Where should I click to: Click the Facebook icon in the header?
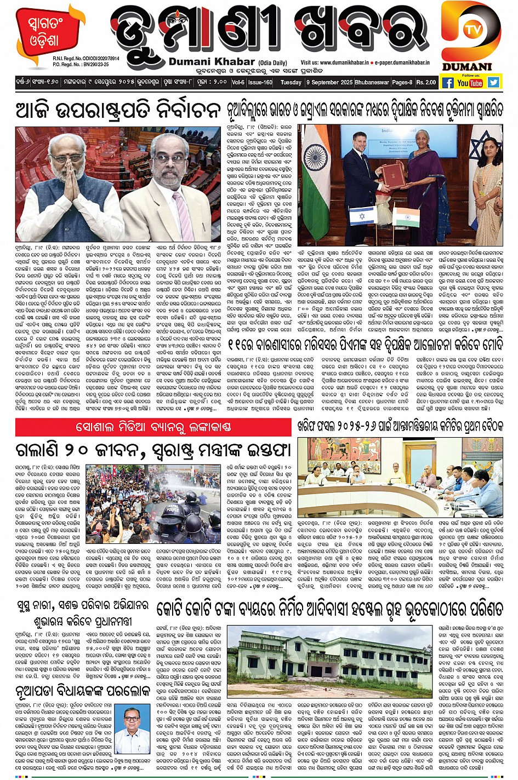pyautogui.click(x=447, y=83)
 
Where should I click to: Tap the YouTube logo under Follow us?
pyautogui.click(x=470, y=83)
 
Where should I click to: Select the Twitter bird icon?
pyautogui.click(x=493, y=82)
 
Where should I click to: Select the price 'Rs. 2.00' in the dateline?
pyautogui.click(x=426, y=83)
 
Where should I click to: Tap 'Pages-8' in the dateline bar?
pyautogui.click(x=402, y=83)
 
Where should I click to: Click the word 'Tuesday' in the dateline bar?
pyautogui.click(x=291, y=83)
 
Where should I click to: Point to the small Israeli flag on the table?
pyautogui.click(x=361, y=215)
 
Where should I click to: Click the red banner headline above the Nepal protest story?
pyautogui.click(x=153, y=427)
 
